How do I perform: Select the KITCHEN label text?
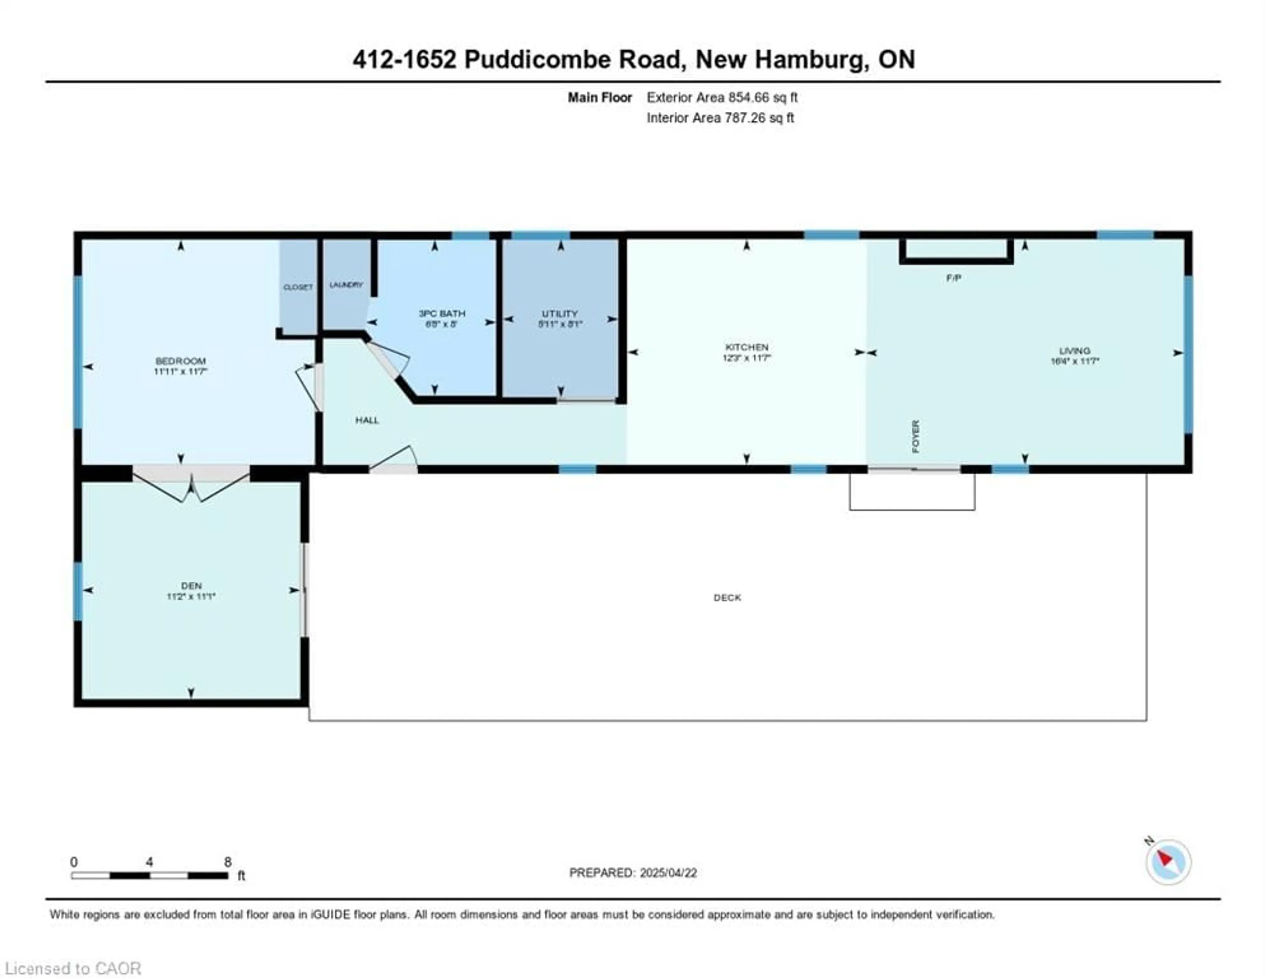coord(747,347)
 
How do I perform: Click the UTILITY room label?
coord(559,313)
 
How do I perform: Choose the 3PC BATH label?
coord(442,313)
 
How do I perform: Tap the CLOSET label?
coord(298,287)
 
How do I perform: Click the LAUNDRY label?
coord(346,285)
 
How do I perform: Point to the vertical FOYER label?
coord(915,436)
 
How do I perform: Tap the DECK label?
coord(727,598)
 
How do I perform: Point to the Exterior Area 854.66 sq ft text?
coord(722,97)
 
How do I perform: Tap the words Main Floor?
coord(599,97)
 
